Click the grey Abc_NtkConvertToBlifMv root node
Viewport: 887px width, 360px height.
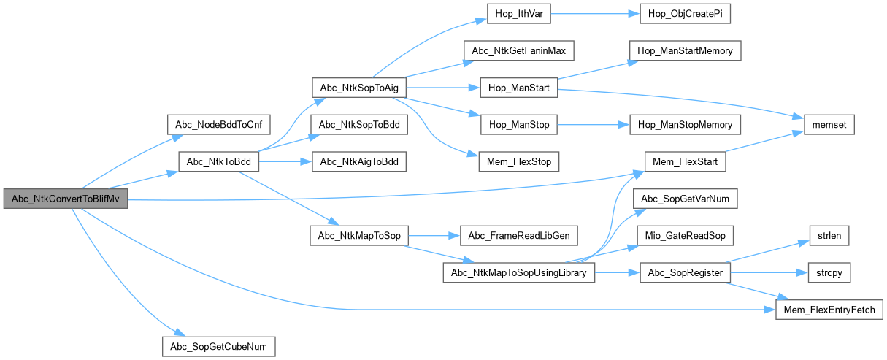(65, 199)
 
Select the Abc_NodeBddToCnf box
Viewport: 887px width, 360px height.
(218, 125)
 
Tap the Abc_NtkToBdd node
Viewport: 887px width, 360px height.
(218, 161)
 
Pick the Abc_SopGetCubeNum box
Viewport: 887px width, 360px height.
(218, 345)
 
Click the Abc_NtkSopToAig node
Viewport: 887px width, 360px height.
(358, 88)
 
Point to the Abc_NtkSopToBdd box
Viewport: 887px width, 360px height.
(358, 125)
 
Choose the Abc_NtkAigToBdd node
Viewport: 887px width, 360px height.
(358, 161)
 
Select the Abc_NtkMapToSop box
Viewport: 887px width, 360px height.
(358, 236)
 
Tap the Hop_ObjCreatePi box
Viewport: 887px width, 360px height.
(685, 15)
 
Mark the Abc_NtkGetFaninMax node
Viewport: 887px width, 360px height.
(519, 51)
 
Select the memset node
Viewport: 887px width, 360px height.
(829, 125)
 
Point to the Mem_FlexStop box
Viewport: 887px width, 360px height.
(519, 161)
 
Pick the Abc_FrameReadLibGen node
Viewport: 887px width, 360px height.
(519, 236)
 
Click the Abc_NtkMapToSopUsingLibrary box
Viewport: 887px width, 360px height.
(519, 272)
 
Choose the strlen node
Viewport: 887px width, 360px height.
(829, 236)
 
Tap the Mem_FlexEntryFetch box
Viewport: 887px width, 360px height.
(829, 310)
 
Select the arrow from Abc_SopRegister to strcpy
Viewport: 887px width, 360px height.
(769, 272)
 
